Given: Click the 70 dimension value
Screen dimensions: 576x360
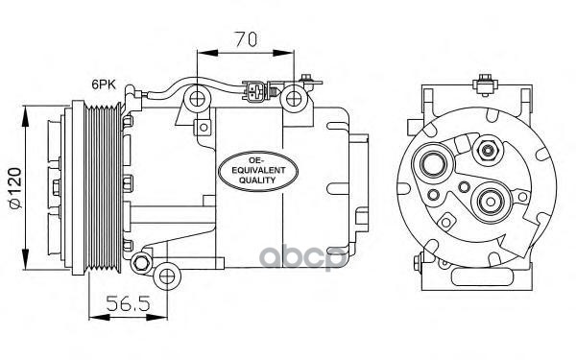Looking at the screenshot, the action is [246, 39].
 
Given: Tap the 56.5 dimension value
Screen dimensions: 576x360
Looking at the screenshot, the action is [129, 303].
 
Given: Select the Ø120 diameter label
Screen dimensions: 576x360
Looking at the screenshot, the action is [15, 188].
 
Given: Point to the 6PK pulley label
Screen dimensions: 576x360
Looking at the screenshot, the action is [104, 84].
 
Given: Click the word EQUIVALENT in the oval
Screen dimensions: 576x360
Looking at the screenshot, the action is [258, 170].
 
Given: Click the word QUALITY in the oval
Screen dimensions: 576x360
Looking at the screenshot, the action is [257, 180].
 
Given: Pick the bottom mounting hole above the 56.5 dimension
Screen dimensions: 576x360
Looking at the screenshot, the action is [167, 276].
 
